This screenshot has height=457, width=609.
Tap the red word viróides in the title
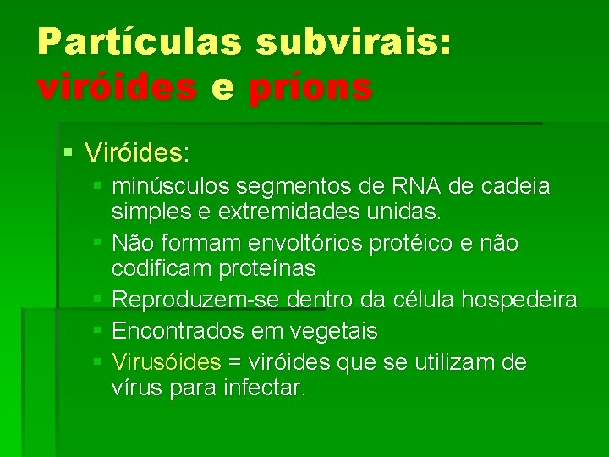coord(118,87)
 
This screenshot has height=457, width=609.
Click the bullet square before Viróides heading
coord(69,153)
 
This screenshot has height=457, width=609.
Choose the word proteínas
coord(270,269)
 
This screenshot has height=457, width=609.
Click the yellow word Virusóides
coord(166,362)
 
